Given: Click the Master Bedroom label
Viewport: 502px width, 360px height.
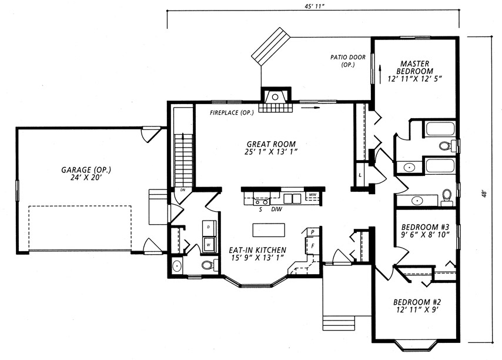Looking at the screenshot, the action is click(x=414, y=71).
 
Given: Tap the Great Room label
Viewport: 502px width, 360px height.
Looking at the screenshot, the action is click(x=271, y=148).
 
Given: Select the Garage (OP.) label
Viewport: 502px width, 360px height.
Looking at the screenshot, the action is click(x=86, y=174).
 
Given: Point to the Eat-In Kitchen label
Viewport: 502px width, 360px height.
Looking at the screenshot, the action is click(x=257, y=254).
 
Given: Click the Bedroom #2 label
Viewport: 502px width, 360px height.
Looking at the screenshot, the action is click(x=417, y=305).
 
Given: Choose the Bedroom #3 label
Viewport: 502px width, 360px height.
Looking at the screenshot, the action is click(x=426, y=231).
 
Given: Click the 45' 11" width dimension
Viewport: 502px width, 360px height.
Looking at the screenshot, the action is click(x=313, y=6).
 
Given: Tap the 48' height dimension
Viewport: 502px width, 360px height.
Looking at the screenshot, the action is click(x=486, y=194).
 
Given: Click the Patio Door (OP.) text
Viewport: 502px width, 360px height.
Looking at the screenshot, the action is click(x=347, y=61).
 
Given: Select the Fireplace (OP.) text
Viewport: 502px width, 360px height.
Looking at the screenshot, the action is click(x=232, y=113).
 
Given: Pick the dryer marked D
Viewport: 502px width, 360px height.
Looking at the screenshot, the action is click(x=209, y=228).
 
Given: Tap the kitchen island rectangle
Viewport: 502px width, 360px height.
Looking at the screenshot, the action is click(x=269, y=230).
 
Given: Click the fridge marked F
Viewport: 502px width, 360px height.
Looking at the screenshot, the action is click(x=313, y=246).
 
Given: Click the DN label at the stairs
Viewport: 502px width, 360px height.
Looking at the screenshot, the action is click(x=182, y=190).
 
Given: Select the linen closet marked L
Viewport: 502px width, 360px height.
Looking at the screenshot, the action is click(x=361, y=175).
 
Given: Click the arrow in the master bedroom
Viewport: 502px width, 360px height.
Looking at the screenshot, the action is click(x=380, y=74).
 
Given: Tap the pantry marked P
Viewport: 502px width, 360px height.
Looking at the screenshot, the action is click(x=312, y=232).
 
